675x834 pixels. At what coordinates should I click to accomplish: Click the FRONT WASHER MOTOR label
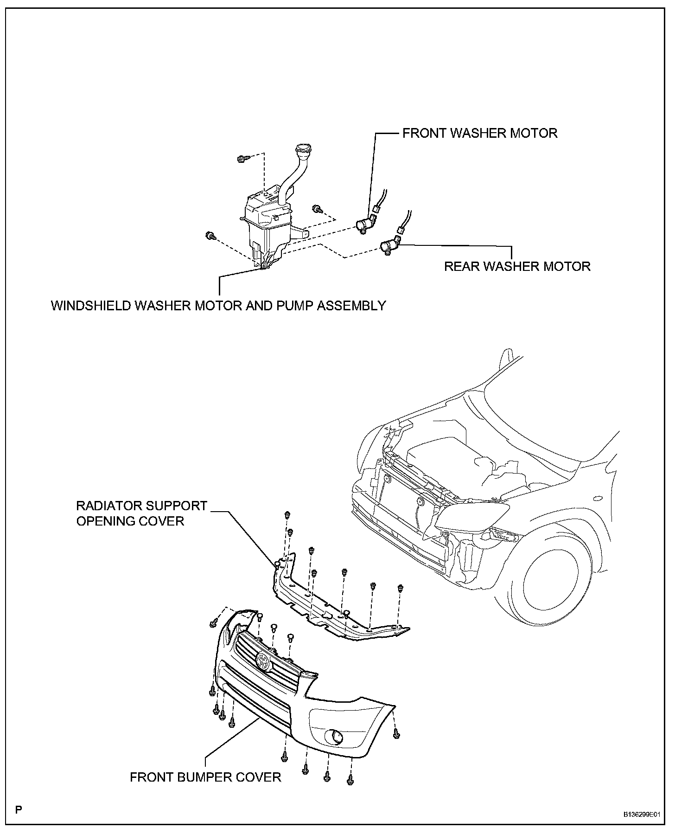click(x=479, y=133)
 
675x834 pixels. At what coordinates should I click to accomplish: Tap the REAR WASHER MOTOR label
click(x=517, y=266)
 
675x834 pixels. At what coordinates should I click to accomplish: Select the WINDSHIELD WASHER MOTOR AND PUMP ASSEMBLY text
click(x=218, y=306)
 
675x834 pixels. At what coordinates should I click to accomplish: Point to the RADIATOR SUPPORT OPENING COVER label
click(x=141, y=513)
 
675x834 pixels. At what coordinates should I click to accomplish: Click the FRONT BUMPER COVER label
click(x=205, y=777)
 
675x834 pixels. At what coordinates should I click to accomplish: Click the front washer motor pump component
click(x=364, y=225)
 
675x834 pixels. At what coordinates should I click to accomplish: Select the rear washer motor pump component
click(x=388, y=246)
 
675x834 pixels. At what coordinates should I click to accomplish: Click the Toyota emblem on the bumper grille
click(x=262, y=661)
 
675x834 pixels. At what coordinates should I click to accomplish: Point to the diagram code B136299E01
click(x=641, y=814)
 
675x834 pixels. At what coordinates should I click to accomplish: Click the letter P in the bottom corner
click(x=18, y=810)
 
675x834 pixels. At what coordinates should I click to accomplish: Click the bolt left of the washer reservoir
click(x=210, y=236)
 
